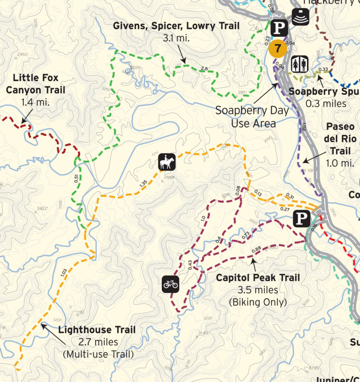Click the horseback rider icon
tap(167, 162)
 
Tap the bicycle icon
tap(171, 284)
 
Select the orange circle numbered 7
tap(278, 48)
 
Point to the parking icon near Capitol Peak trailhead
tap(301, 219)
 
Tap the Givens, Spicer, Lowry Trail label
tap(177, 26)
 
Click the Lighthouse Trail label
tap(97, 330)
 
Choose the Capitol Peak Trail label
tap(258, 278)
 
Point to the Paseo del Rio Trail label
tap(339, 138)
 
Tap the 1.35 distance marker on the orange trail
tap(143, 184)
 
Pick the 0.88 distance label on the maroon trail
tap(256, 250)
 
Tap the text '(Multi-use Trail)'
tap(98, 354)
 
